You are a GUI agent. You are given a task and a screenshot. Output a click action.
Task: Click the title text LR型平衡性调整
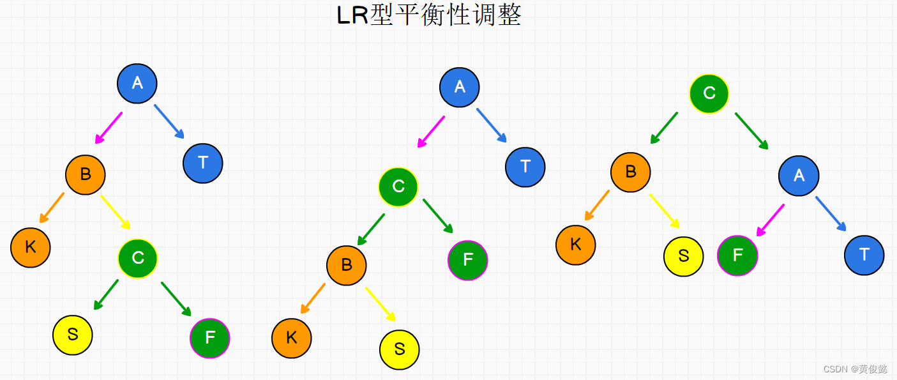coord(429,15)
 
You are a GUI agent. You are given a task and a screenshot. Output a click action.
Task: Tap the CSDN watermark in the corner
coord(855,369)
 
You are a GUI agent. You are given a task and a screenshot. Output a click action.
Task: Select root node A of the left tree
coord(137,83)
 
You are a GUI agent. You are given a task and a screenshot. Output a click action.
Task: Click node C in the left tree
coord(137,258)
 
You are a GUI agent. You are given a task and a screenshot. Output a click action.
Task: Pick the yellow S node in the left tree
coord(73,335)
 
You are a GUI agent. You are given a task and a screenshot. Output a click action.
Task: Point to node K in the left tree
coord(30,247)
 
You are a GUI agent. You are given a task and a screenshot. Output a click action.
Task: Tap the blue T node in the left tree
coord(203,163)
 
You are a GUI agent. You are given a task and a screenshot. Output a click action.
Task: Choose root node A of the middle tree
coord(460,87)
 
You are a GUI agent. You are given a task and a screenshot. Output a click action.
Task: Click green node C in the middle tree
coord(398,186)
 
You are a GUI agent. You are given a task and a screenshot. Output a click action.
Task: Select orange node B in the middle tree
coord(347,265)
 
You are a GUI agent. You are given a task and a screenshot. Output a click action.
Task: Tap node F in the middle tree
coord(468,260)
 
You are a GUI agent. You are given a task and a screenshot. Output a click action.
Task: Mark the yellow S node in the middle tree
coord(400,349)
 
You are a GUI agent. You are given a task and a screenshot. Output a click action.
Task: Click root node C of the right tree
coord(709,93)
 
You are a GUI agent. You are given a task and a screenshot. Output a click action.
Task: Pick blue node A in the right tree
coord(799,176)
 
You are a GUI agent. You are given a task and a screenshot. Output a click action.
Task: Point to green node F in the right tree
coord(738,255)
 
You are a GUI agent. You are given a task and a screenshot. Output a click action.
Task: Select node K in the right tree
coord(576,245)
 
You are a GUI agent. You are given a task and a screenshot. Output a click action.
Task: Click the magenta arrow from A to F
coord(771,220)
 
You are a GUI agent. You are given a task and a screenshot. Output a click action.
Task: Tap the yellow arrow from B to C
coord(116,212)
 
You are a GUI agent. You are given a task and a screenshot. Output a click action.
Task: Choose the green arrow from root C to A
coord(751,131)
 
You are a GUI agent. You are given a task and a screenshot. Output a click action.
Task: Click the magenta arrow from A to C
coord(430,132)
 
